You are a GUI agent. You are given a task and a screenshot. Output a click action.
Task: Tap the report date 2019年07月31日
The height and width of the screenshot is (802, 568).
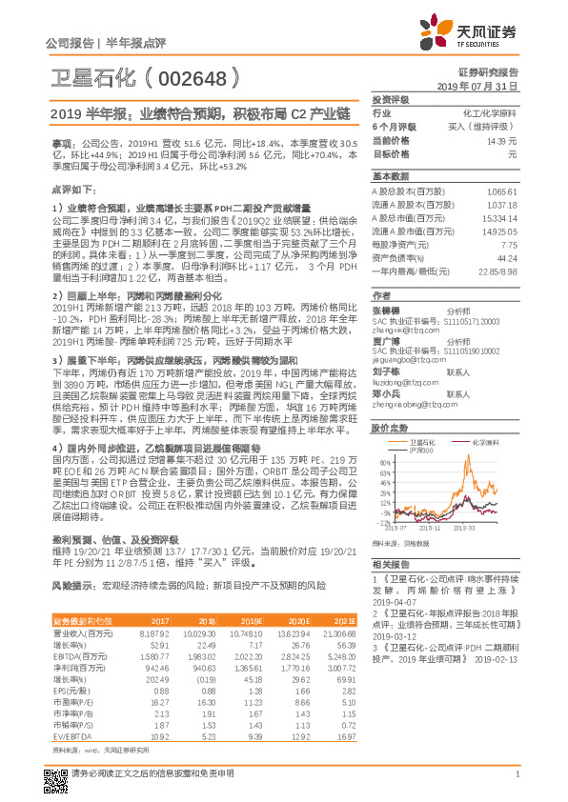click(x=482, y=85)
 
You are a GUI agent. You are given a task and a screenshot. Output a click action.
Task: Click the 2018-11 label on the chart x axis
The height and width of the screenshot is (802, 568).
click(x=433, y=525)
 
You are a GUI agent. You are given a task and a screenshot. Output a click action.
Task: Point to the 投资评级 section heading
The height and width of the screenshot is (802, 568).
click(x=390, y=99)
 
